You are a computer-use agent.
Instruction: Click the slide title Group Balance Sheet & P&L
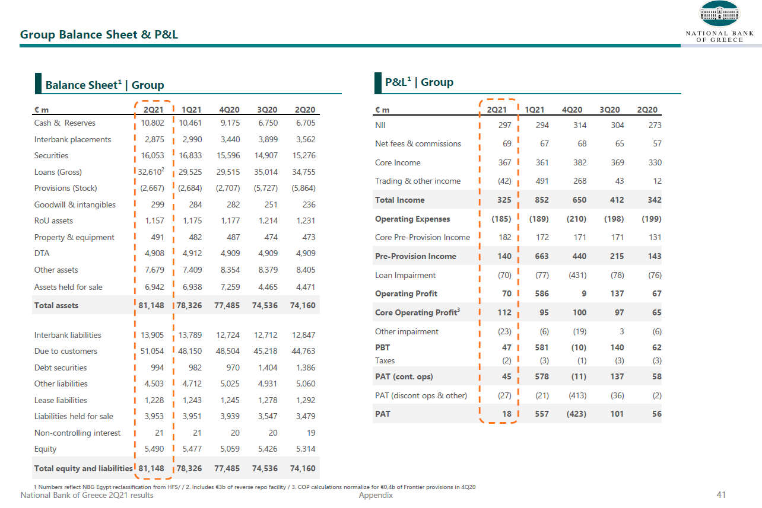pyautogui.click(x=99, y=34)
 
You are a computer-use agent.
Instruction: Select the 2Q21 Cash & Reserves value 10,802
pyautogui.click(x=151, y=123)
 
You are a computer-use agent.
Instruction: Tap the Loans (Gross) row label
pyautogui.click(x=58, y=172)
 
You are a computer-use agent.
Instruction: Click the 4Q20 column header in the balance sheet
pyautogui.click(x=229, y=110)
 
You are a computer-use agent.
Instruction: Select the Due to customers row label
pyautogui.click(x=66, y=352)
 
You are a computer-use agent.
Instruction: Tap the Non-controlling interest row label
pyautogui.click(x=77, y=433)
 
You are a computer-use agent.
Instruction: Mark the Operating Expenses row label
pyautogui.click(x=412, y=219)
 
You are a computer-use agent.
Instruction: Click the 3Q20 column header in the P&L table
pyautogui.click(x=609, y=110)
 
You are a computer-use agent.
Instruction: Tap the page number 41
pyautogui.click(x=721, y=495)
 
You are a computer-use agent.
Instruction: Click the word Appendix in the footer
pyautogui.click(x=376, y=495)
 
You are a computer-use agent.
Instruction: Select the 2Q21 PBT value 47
pyautogui.click(x=506, y=348)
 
